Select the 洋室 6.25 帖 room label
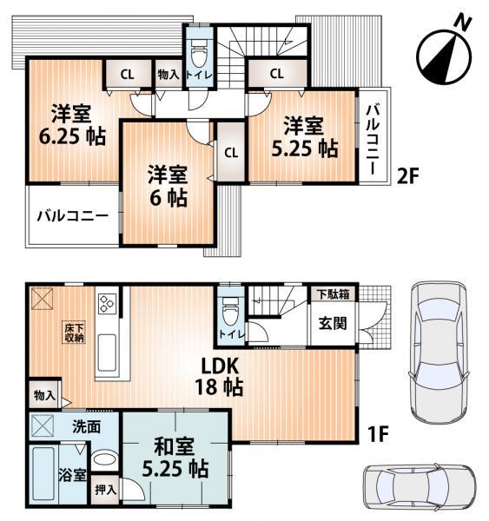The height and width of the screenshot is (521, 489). coord(65,124)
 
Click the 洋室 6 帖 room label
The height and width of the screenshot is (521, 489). coord(166,183)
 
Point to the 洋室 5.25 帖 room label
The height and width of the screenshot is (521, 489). coord(302,136)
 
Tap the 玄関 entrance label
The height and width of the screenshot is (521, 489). coord(333,324)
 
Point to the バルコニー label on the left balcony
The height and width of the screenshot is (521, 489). coord(72,216)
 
